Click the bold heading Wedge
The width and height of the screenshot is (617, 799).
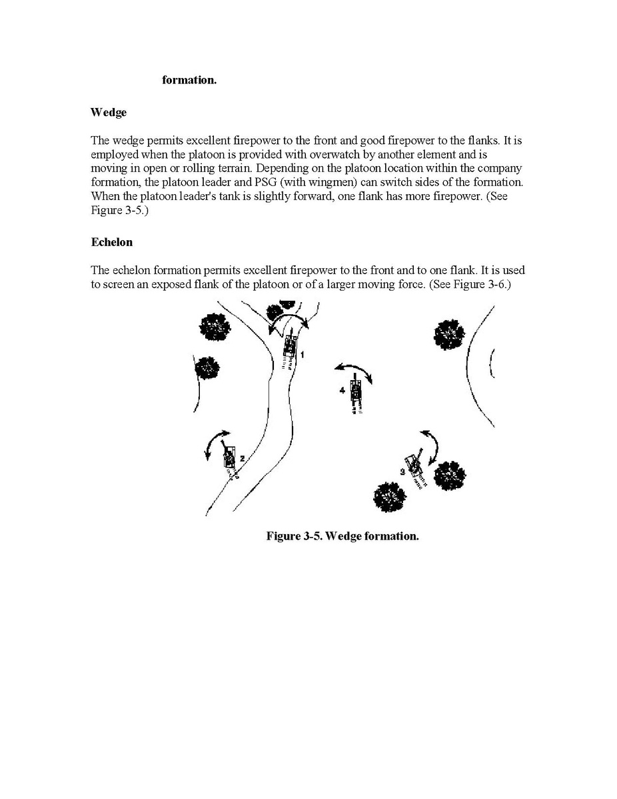click(108, 112)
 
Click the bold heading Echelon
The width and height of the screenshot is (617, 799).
click(111, 242)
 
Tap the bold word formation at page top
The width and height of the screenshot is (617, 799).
click(189, 80)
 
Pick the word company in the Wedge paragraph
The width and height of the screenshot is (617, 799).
click(501, 167)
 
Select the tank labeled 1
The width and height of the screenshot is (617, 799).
click(290, 346)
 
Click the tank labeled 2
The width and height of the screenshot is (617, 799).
click(229, 458)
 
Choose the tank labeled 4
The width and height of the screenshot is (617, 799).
click(355, 392)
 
